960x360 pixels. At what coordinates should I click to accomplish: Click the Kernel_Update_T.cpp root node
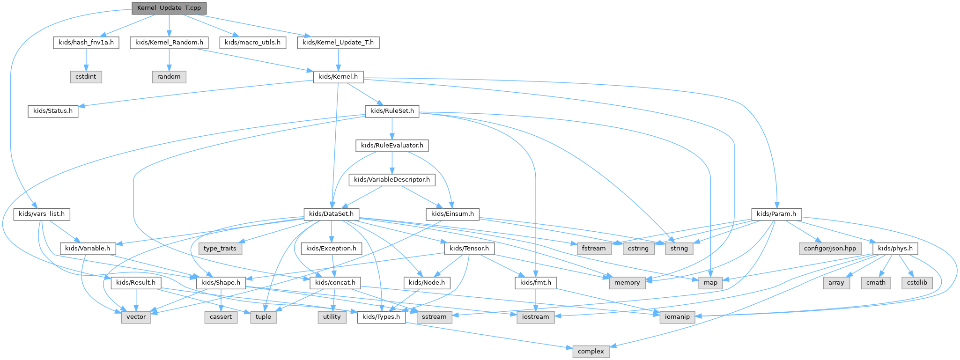pyautogui.click(x=169, y=8)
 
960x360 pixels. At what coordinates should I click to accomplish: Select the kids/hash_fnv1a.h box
pyautogui.click(x=86, y=43)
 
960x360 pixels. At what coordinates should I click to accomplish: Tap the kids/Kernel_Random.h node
pyautogui.click(x=169, y=43)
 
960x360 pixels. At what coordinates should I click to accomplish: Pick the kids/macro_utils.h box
pyautogui.click(x=252, y=43)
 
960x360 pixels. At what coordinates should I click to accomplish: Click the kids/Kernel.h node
pyautogui.click(x=338, y=77)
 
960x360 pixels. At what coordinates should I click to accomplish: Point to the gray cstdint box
pyautogui.click(x=86, y=77)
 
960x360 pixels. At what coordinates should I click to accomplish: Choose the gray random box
pyautogui.click(x=169, y=77)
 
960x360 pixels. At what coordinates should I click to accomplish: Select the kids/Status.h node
pyautogui.click(x=53, y=111)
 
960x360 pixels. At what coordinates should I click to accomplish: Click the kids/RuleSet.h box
pyautogui.click(x=392, y=111)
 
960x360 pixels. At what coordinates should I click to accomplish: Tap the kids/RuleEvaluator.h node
pyautogui.click(x=392, y=146)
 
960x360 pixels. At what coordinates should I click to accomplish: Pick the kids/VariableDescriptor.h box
pyautogui.click(x=392, y=180)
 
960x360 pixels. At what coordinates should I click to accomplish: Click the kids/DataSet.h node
pyautogui.click(x=332, y=214)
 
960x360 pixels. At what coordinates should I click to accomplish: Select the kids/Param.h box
pyautogui.click(x=776, y=214)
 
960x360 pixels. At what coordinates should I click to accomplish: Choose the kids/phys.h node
pyautogui.click(x=895, y=249)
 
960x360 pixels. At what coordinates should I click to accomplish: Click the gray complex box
pyautogui.click(x=591, y=352)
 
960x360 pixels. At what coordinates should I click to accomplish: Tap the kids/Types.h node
pyautogui.click(x=382, y=317)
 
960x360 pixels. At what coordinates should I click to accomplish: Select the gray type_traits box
pyautogui.click(x=220, y=249)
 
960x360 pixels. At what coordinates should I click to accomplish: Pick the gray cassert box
pyautogui.click(x=221, y=317)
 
